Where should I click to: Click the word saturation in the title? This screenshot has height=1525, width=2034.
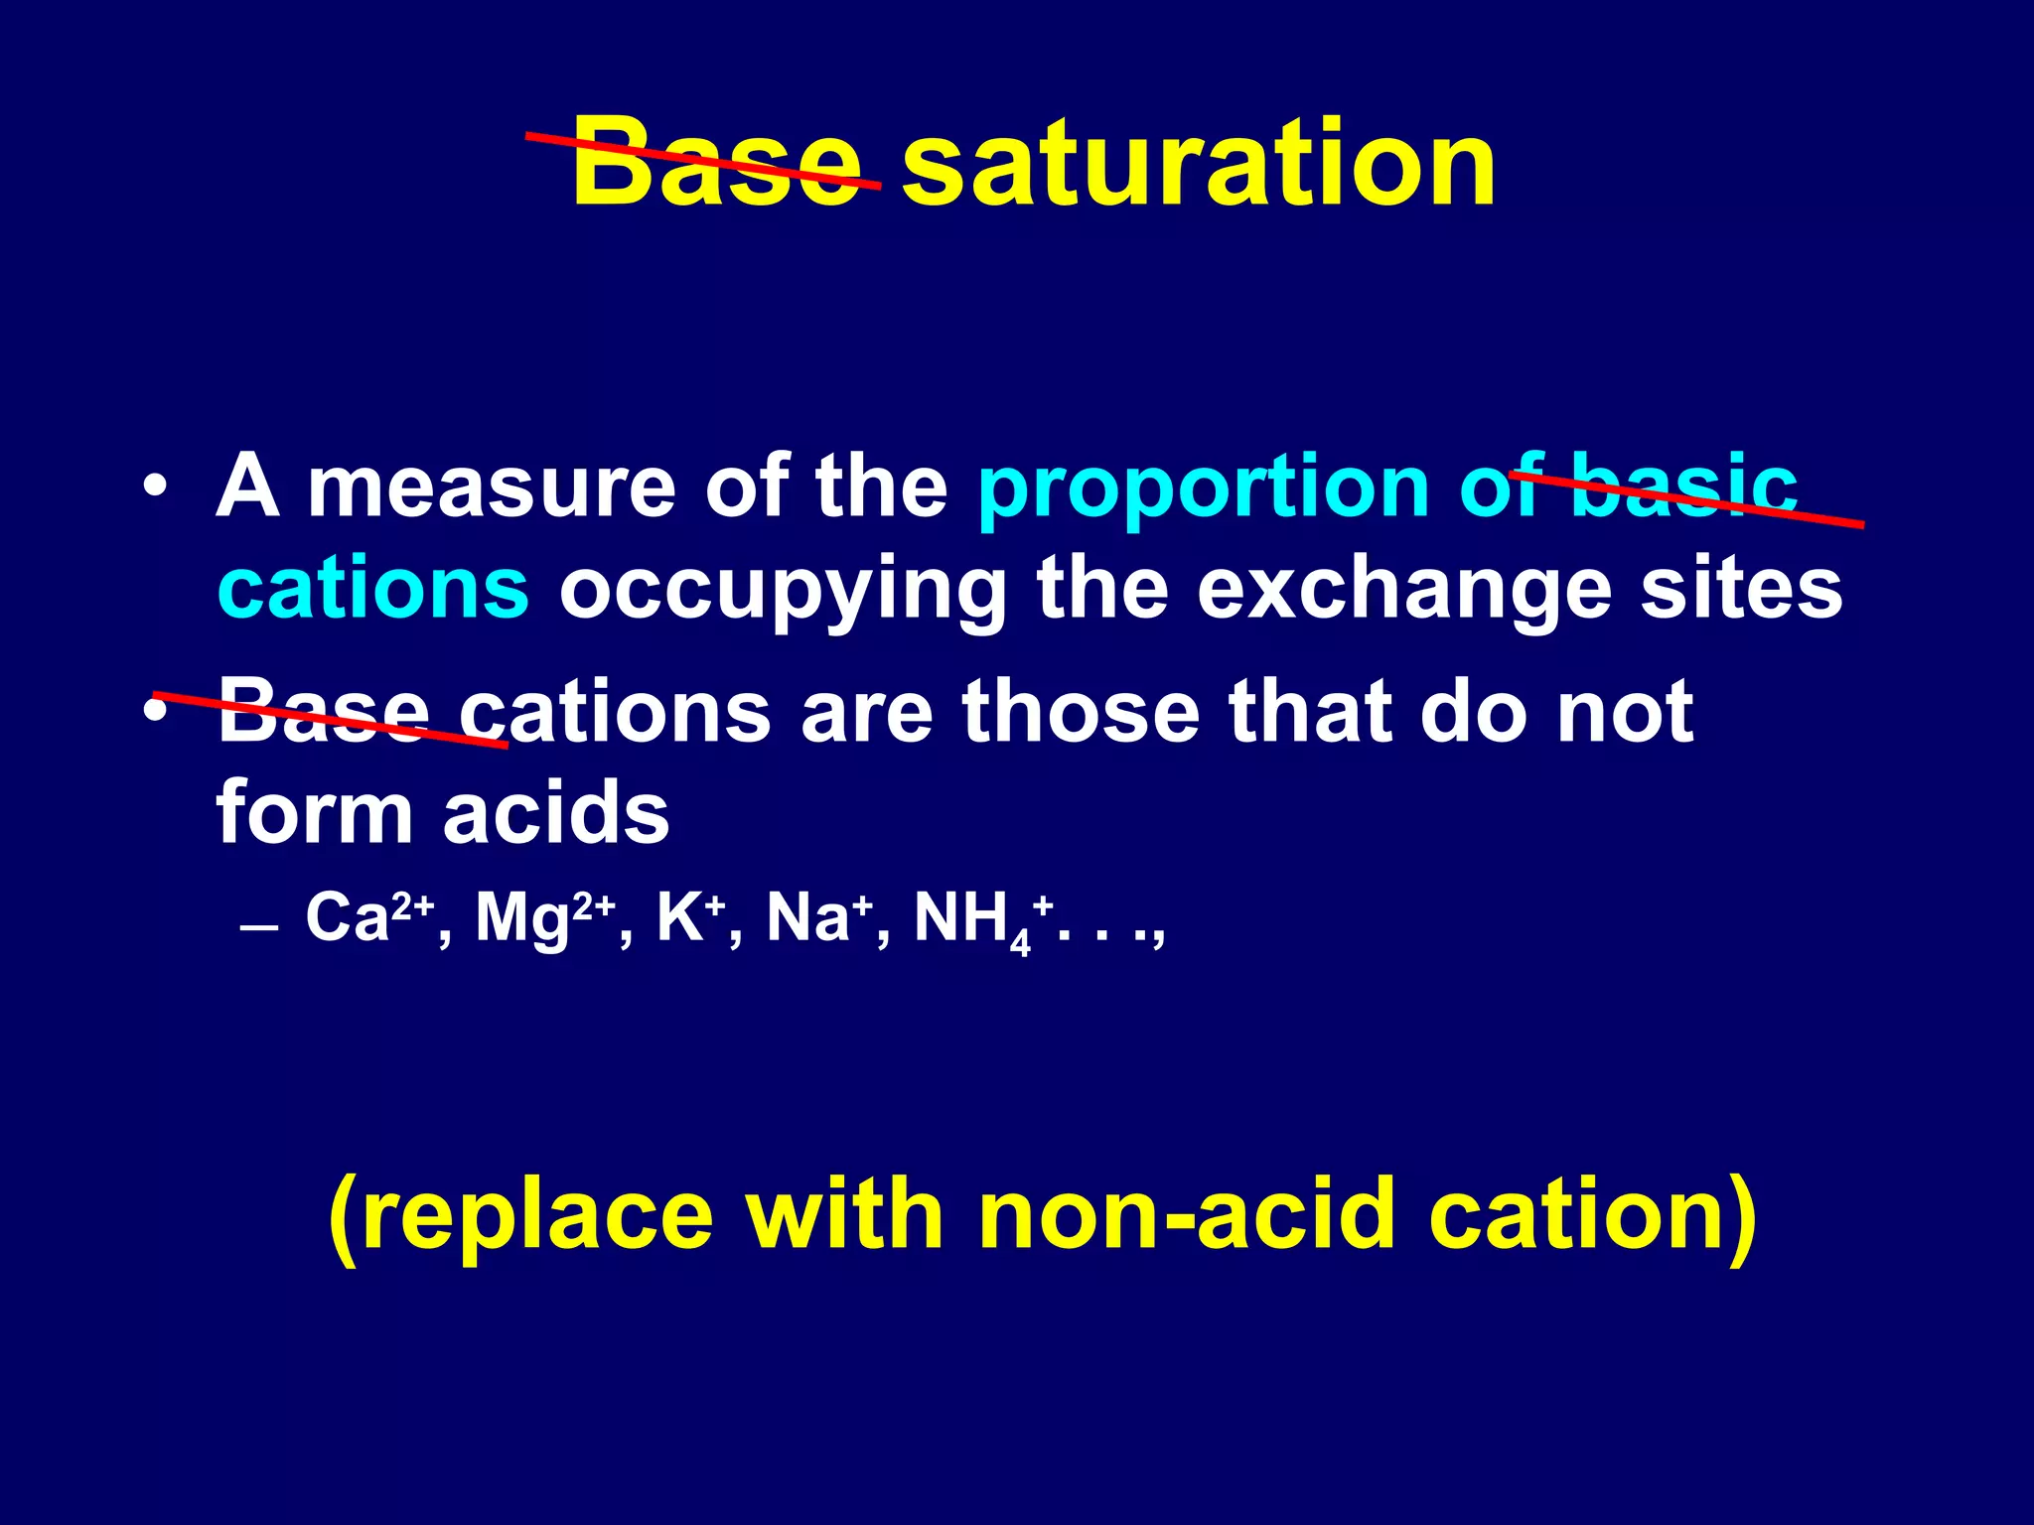pos(1198,163)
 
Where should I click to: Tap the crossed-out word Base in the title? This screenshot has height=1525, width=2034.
pos(715,163)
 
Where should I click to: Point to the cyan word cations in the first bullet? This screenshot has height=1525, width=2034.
pos(373,588)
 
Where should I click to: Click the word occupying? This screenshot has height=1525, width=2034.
pos(783,592)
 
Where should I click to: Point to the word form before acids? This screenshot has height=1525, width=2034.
pos(314,812)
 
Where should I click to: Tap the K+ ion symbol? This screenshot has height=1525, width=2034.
pos(689,917)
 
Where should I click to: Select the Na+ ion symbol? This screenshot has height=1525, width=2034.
pos(819,917)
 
